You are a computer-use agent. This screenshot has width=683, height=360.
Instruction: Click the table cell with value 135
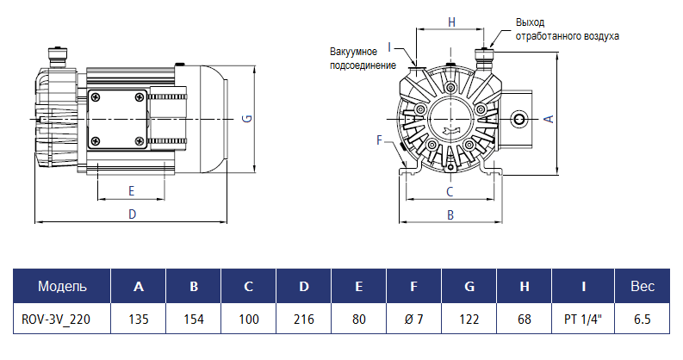[139, 319]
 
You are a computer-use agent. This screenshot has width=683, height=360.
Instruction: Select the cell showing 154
[194, 319]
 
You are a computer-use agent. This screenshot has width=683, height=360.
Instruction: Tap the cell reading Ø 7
[414, 319]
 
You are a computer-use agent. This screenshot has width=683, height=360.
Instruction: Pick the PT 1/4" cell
[583, 319]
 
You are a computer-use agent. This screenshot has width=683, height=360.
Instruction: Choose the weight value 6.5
[642, 319]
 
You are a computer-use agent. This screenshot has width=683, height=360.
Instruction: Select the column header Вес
[642, 286]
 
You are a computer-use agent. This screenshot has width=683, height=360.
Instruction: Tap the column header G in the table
[469, 286]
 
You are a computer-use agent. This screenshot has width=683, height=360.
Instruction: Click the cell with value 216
[304, 319]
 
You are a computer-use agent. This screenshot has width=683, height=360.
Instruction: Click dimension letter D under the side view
[132, 214]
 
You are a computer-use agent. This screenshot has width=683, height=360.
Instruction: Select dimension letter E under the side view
[132, 189]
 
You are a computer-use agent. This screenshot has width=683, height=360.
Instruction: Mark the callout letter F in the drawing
[379, 139]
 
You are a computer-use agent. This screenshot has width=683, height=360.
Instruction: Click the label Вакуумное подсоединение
[363, 59]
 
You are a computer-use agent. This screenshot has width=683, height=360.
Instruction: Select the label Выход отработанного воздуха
[567, 29]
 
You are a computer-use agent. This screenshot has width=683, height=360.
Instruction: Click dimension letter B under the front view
[450, 214]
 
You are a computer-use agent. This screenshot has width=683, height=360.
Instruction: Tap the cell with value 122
[469, 319]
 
